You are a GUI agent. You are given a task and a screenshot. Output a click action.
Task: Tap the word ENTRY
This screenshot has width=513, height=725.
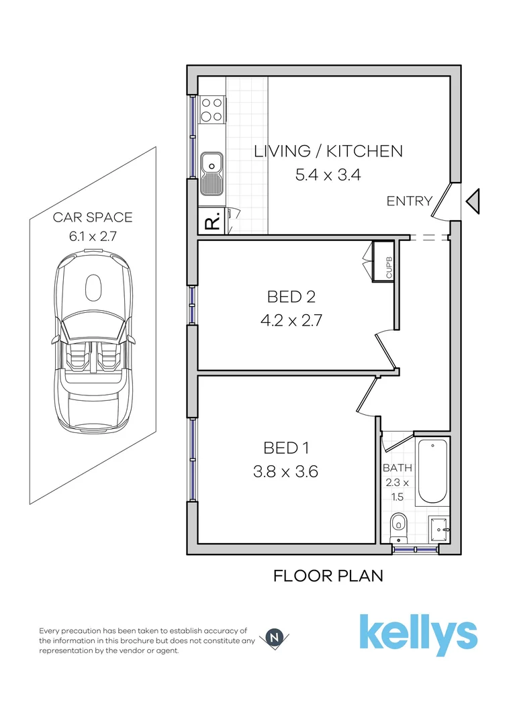[x=409, y=201]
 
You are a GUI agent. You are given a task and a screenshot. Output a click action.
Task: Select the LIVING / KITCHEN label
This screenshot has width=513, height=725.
[x=328, y=151]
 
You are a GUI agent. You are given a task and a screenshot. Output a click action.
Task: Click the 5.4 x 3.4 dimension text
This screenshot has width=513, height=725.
[x=328, y=175]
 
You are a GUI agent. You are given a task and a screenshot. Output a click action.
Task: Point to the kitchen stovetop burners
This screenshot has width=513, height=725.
[x=213, y=110]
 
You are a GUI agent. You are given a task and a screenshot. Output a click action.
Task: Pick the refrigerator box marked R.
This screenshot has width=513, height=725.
[x=212, y=222]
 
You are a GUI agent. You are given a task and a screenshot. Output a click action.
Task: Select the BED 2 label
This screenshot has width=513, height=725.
[x=291, y=296]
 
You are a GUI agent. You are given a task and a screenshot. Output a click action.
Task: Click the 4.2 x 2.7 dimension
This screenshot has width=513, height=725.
[x=291, y=320]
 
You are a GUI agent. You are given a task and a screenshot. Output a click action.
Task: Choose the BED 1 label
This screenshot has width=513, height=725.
[x=285, y=447]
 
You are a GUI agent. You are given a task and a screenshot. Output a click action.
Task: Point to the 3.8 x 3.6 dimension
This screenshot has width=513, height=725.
[x=285, y=472]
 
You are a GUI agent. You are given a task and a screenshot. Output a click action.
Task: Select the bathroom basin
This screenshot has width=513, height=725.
[x=437, y=526]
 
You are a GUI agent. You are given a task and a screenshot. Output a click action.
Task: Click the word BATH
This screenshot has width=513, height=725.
[x=397, y=468]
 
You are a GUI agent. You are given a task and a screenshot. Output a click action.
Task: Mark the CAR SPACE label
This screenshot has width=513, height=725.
[x=93, y=217]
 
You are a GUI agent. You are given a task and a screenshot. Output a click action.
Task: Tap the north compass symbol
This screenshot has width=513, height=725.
[x=274, y=638]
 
